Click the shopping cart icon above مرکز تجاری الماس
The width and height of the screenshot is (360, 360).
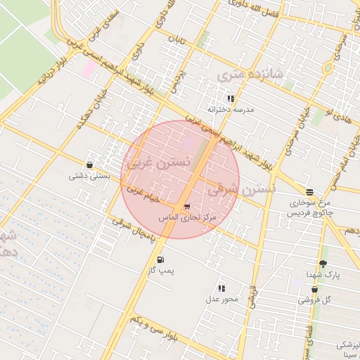(x=186, y=207)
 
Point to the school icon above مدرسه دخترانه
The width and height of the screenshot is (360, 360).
(x=231, y=98)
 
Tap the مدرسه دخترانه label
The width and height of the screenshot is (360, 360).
(x=231, y=110)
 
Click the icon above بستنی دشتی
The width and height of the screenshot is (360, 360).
(x=89, y=164)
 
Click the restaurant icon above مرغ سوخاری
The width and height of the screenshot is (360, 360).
(x=309, y=191)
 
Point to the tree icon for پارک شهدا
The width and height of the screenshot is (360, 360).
(x=323, y=264)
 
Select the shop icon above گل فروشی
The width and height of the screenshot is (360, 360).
(x=314, y=289)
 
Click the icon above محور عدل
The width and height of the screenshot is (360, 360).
(x=221, y=288)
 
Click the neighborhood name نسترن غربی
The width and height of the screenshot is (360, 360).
(x=157, y=162)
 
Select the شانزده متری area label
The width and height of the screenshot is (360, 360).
(x=250, y=73)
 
